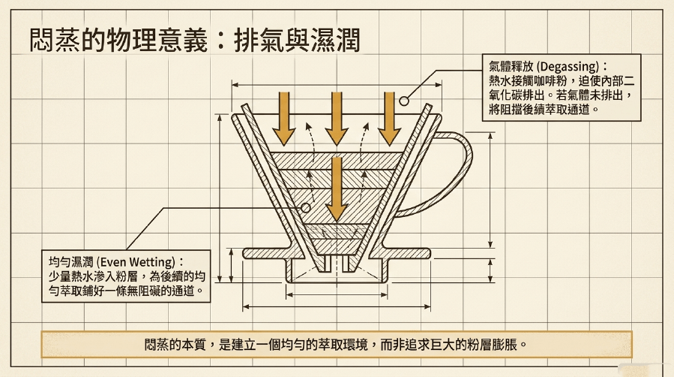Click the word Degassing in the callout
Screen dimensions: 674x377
point(569,67)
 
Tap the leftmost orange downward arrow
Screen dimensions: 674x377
point(283,119)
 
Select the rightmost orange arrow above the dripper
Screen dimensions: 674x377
point(389,119)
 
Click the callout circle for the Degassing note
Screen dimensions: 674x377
point(403,101)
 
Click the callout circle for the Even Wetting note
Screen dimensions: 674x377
point(306,208)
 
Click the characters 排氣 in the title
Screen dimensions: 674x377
point(259,40)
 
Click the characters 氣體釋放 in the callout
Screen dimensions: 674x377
point(511,67)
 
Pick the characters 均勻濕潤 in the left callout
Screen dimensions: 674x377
point(71,262)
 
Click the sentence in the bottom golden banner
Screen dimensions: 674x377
point(336,345)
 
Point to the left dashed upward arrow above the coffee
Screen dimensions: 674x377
point(312,142)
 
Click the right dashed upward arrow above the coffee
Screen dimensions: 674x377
point(363,142)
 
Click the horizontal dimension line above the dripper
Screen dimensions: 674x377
point(337,85)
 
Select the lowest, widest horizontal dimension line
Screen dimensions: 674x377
point(337,307)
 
